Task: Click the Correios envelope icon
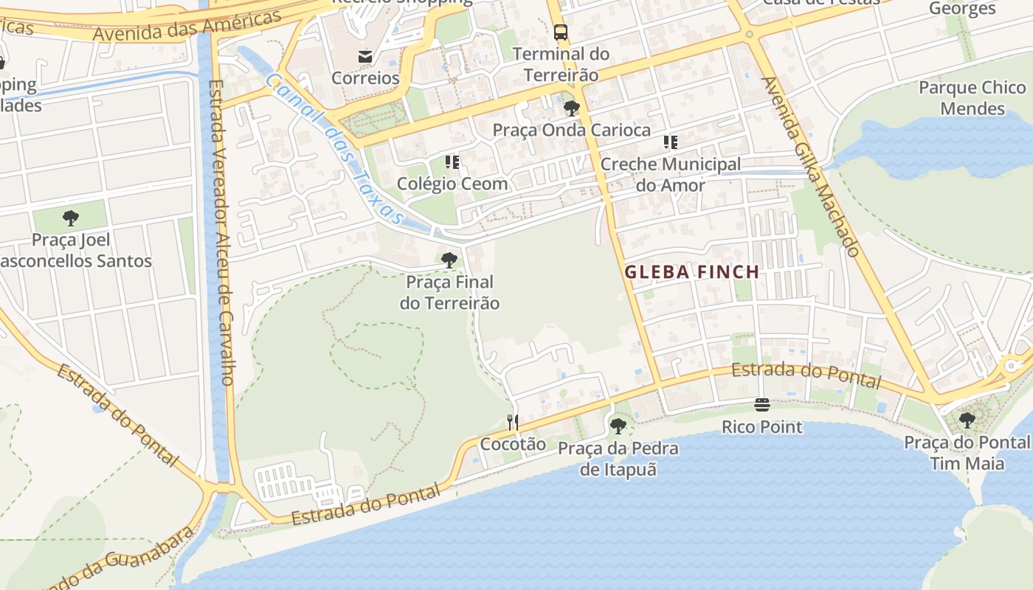pos(365,56)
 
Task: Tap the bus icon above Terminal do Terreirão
pos(561,32)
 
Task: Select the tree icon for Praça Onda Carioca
pos(571,109)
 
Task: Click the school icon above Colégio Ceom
pos(452,162)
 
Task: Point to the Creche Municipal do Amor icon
pos(670,142)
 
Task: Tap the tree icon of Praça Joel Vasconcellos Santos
pos(71,218)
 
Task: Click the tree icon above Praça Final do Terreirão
pos(449,260)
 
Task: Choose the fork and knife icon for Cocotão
pos(513,422)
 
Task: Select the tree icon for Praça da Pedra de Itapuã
pos(618,426)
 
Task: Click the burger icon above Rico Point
pos(762,404)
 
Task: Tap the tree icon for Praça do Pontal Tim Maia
pos(967,420)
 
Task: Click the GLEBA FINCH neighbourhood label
pos(692,272)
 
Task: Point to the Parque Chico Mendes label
pos(972,98)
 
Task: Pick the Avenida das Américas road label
pos(187,27)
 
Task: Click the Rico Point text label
pos(762,427)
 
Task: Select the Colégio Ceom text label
pos(452,184)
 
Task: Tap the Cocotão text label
pos(513,444)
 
